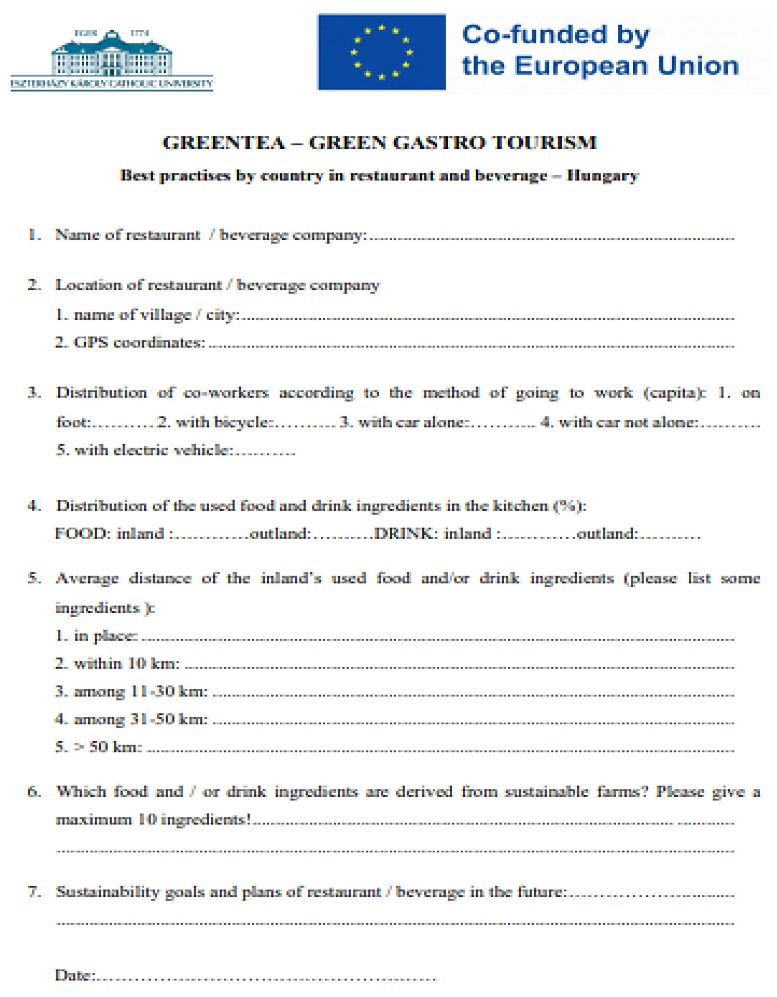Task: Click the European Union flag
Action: click(x=381, y=52)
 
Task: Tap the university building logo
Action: click(x=112, y=55)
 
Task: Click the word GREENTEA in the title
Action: click(x=224, y=143)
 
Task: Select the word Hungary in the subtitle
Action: click(x=602, y=176)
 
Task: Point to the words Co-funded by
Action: click(x=555, y=35)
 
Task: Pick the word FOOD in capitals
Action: click(x=82, y=534)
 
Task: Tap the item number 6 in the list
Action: click(x=34, y=791)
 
